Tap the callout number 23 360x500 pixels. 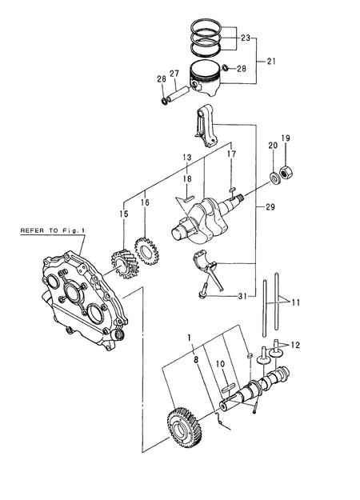pyautogui.click(x=245, y=37)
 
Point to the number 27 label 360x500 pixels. pyautogui.click(x=174, y=74)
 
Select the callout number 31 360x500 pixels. pyautogui.click(x=243, y=299)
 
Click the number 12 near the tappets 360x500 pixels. pyautogui.click(x=298, y=345)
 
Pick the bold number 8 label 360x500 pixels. pyautogui.click(x=194, y=360)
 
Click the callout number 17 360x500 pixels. pyautogui.click(x=231, y=154)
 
